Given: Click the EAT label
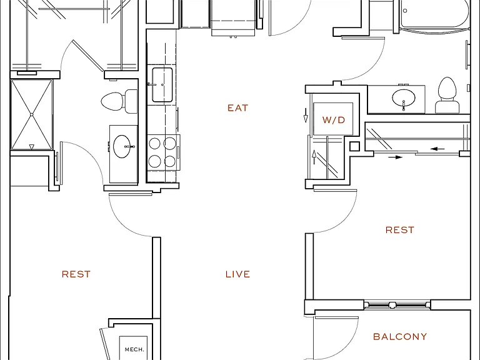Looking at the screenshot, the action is click(237, 107).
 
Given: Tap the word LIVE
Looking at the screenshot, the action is click(237, 274).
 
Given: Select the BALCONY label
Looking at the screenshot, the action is click(400, 337).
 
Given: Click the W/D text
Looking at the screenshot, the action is click(333, 120).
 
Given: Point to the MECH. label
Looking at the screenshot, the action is click(134, 349).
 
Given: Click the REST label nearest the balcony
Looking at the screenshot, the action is click(400, 230).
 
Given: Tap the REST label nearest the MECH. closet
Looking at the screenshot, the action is click(76, 274).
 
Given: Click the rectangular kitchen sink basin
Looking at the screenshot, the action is click(162, 85).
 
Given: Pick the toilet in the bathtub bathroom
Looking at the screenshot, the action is click(447, 95).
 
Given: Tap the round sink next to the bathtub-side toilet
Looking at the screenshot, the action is click(404, 98).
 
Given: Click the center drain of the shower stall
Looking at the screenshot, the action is click(31, 115).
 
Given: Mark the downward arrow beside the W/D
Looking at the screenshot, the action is click(305, 115).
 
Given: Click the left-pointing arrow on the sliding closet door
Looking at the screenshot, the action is click(437, 149).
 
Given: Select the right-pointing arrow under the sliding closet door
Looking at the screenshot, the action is click(396, 157).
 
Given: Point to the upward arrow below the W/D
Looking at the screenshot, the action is click(314, 157).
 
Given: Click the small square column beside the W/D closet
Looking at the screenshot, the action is click(354, 146).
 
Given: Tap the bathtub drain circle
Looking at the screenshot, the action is click(405, 11).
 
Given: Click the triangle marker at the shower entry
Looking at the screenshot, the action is click(31, 147).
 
